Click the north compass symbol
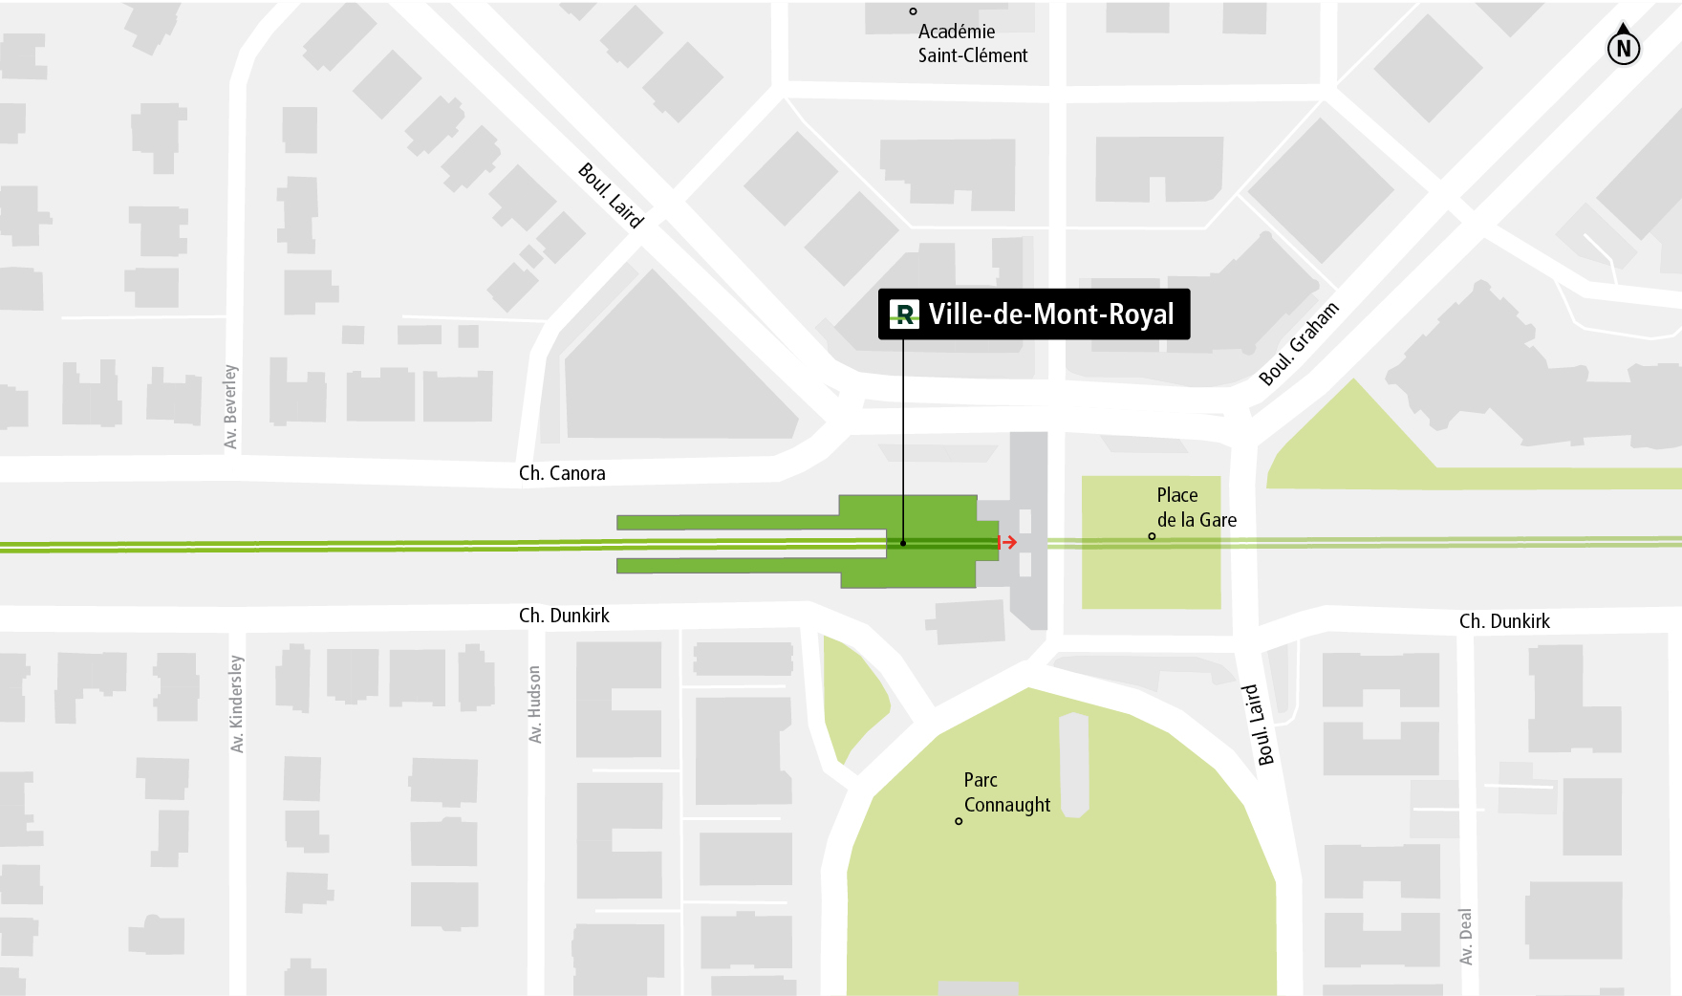click(x=1623, y=45)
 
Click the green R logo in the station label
click(x=904, y=314)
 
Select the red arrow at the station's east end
click(x=1007, y=542)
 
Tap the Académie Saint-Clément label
click(x=972, y=43)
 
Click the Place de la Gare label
click(x=1196, y=508)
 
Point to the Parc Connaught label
click(x=1006, y=792)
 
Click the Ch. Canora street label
click(x=562, y=473)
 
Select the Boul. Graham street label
click(x=1299, y=343)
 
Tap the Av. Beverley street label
click(x=230, y=406)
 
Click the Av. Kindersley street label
click(x=237, y=704)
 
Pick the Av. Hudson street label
click(x=535, y=704)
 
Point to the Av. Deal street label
click(x=1466, y=936)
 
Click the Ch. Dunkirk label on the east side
click(x=1504, y=621)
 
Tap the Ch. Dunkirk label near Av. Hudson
click(x=564, y=616)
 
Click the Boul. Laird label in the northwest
click(x=611, y=196)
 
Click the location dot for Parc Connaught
click(x=959, y=821)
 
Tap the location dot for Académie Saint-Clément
click(x=913, y=11)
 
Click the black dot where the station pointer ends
click(x=903, y=543)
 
